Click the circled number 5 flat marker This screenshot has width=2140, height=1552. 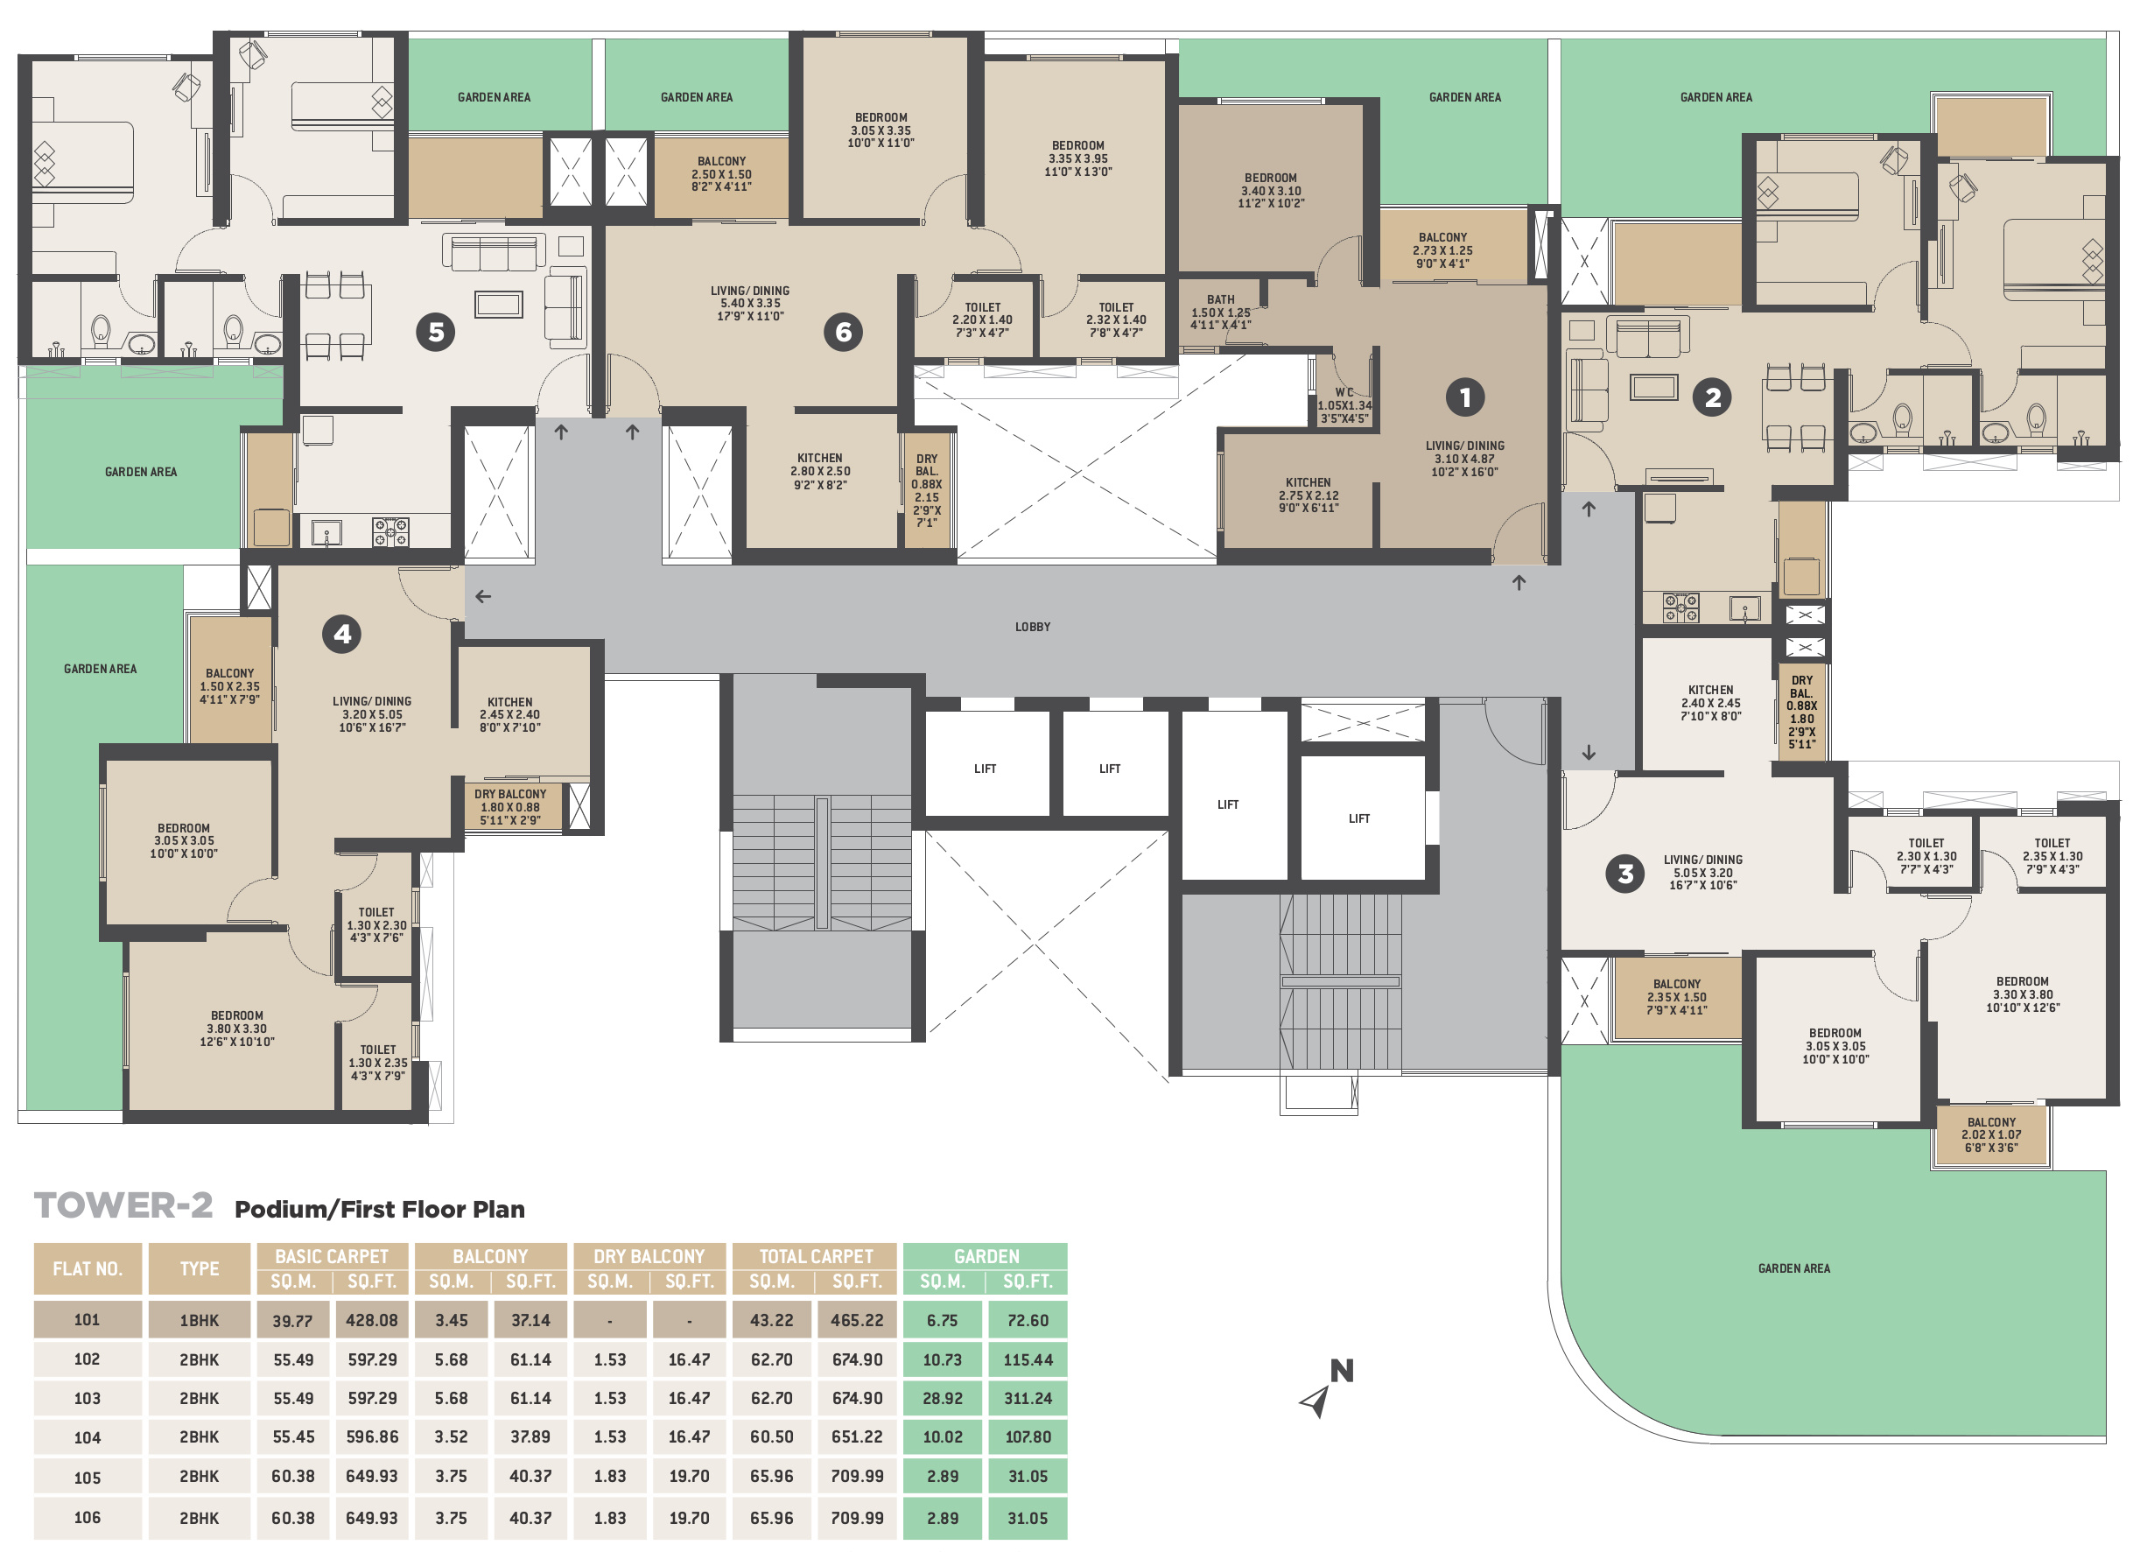coord(436,332)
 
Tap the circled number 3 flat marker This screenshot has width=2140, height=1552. coord(1624,874)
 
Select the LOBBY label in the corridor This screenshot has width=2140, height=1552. coord(1032,627)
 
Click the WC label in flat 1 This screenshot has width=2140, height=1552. coord(1344,391)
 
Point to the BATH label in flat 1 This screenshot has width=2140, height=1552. coord(1220,299)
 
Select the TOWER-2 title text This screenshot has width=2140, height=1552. coord(123,1205)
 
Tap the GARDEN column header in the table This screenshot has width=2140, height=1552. coord(986,1256)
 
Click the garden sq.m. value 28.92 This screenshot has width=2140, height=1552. coord(943,1398)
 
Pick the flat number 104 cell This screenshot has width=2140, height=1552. coord(87,1437)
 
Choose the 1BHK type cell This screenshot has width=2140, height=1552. coord(199,1320)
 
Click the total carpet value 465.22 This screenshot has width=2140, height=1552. coord(857,1320)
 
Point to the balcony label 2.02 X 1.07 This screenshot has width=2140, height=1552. coord(1991,1135)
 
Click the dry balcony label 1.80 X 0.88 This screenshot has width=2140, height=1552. coord(510,808)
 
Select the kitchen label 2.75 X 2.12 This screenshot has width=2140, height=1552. coord(1309,495)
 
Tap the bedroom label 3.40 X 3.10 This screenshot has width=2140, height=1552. coord(1271,191)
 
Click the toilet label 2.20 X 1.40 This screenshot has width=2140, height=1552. coord(982,320)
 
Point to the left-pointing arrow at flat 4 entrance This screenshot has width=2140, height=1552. coord(483,596)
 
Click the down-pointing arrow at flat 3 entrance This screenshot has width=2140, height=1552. coord(1589,753)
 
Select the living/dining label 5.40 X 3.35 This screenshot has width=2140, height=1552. coord(750,304)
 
